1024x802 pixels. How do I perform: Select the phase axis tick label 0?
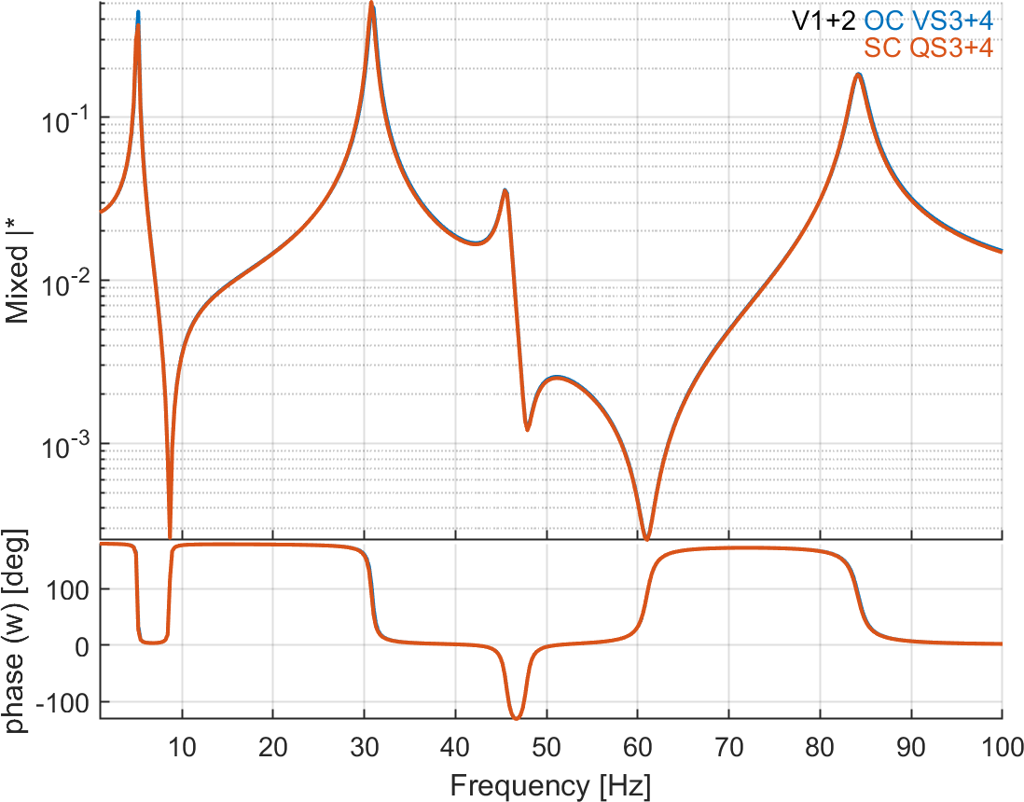point(84,645)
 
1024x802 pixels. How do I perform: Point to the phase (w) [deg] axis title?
point(17,630)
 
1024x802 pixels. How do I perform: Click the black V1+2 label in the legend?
point(824,20)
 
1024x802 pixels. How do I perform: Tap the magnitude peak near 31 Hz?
point(371,6)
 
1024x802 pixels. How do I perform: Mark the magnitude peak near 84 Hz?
point(858,75)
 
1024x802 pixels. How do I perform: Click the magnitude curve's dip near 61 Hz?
point(646,537)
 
